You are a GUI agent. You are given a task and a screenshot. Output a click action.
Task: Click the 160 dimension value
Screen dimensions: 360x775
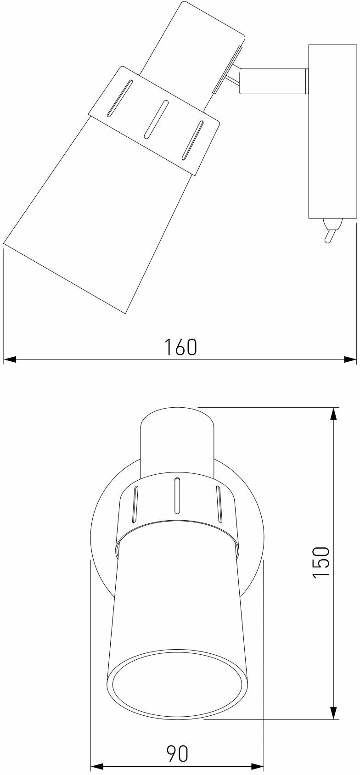(x=180, y=347)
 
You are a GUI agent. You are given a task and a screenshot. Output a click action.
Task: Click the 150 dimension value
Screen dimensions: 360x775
(x=321, y=562)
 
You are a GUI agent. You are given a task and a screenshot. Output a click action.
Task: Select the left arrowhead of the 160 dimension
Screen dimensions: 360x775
(x=10, y=360)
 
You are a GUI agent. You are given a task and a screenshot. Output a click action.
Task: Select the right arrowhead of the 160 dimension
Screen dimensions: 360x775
(x=350, y=360)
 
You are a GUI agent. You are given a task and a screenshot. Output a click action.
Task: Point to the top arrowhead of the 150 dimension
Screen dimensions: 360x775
(x=333, y=415)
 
